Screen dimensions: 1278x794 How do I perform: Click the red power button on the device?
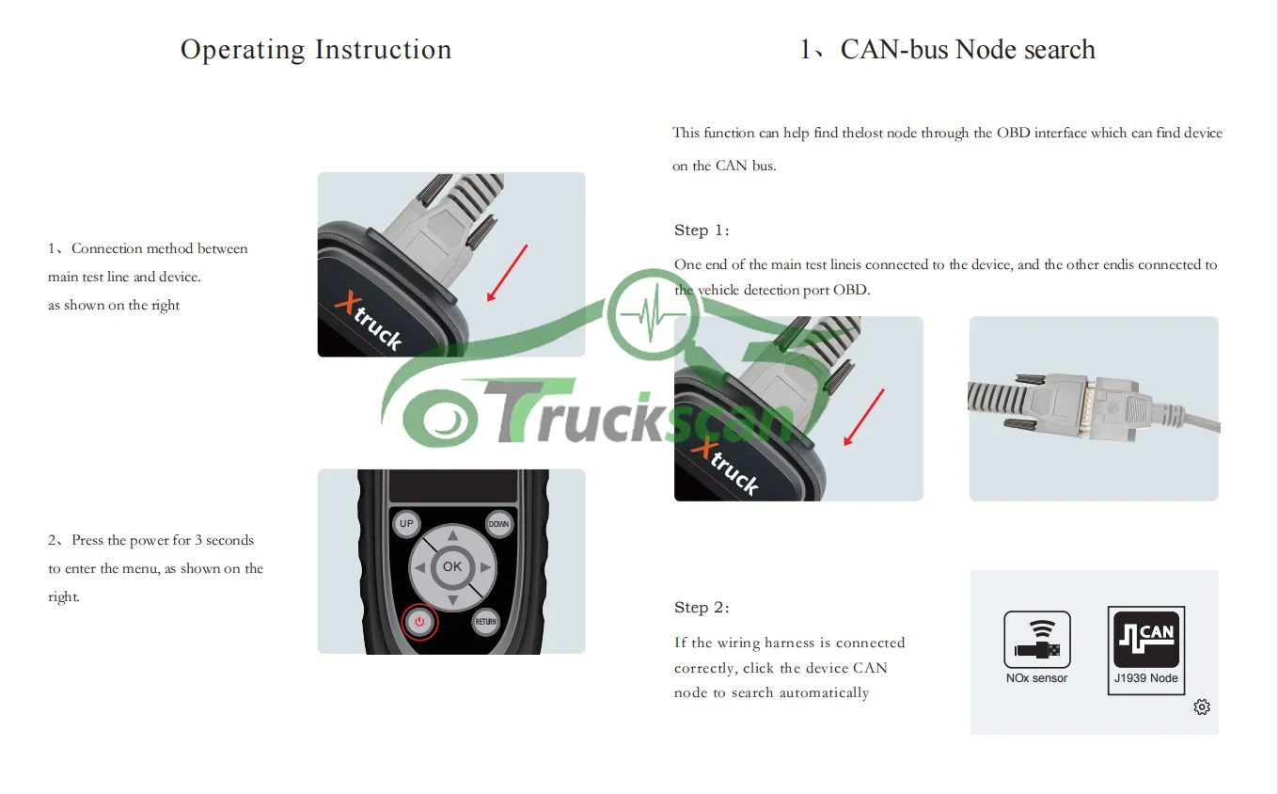(419, 622)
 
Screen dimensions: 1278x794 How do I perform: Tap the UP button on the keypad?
(406, 524)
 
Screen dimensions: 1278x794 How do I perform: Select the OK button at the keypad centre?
(452, 566)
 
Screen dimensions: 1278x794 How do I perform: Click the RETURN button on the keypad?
(485, 622)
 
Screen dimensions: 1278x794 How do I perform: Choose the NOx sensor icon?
(1036, 640)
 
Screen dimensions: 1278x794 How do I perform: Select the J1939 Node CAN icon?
(1145, 640)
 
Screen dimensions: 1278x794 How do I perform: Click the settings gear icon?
(1201, 707)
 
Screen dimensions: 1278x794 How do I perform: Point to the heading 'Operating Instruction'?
(316, 50)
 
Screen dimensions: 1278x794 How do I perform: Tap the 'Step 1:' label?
(702, 230)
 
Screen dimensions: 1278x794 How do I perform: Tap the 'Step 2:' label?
(702, 608)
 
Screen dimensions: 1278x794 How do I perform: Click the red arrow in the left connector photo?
(507, 273)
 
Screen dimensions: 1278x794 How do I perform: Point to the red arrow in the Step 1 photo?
(864, 417)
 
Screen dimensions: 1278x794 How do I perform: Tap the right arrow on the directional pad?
(485, 567)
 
